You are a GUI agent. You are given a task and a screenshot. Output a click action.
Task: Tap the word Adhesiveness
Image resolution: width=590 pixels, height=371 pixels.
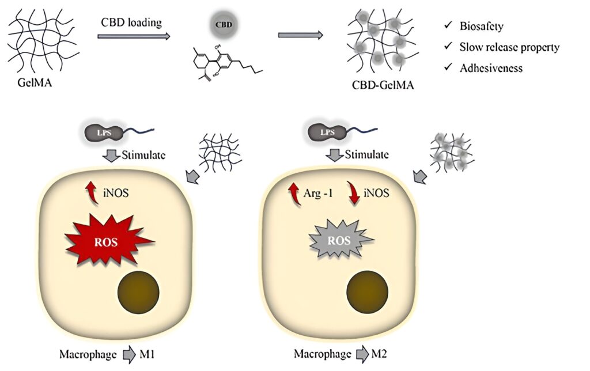(x=491, y=68)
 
